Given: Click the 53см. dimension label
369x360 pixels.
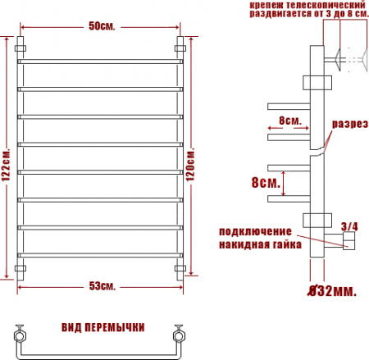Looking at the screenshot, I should pos(102,286).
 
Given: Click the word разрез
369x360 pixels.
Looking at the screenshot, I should pos(348,124).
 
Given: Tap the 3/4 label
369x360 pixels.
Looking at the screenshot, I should pos(348,226).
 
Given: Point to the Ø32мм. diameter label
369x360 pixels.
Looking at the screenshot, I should pos(337,290).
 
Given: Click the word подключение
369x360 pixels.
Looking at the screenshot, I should pos(254,233).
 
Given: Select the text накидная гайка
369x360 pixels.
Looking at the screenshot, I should pos(260,245).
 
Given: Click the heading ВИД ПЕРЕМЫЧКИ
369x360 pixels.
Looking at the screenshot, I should pos(102,327).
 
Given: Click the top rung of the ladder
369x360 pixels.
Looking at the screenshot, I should pos(99,61).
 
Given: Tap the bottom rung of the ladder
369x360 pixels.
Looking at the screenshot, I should pos(99,254).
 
